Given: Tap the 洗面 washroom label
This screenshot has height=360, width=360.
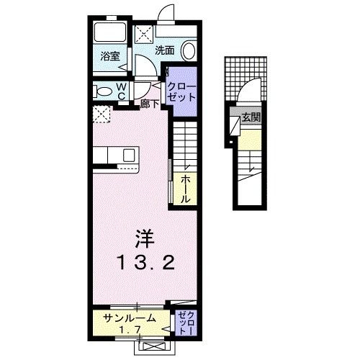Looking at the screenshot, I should click(x=165, y=50).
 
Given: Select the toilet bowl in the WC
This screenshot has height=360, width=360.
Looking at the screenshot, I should click(x=105, y=91).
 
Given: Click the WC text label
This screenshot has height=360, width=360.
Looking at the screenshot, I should click(x=122, y=91).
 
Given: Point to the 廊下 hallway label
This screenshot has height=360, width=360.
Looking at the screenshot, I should click(x=150, y=104).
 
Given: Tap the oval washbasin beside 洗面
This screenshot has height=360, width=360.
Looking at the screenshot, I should click(x=188, y=50).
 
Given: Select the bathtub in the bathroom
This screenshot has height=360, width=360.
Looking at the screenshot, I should click(x=109, y=33).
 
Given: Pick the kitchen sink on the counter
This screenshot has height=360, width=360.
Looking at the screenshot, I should click(x=130, y=155).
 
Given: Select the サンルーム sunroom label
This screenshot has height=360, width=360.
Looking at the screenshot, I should click(x=127, y=318).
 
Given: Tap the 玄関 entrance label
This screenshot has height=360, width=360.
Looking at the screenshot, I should click(x=250, y=117).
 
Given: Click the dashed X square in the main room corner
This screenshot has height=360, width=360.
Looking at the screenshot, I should click(x=102, y=113).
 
